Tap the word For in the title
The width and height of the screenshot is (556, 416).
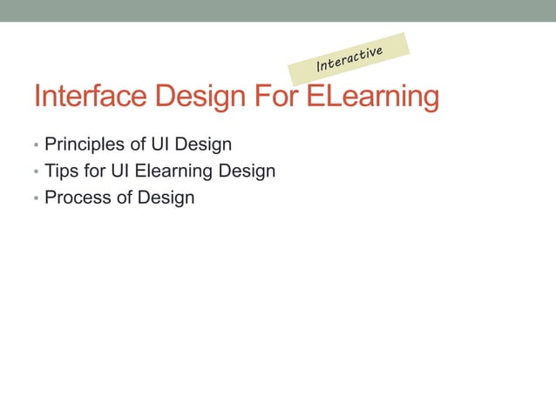pos(278,97)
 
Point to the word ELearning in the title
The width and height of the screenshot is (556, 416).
pos(372,97)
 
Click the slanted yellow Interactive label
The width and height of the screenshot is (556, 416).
pos(349,59)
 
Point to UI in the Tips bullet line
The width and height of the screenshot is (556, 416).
pos(120,171)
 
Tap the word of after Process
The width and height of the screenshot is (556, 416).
pos(122,198)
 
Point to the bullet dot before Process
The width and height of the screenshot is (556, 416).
pos(36,199)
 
